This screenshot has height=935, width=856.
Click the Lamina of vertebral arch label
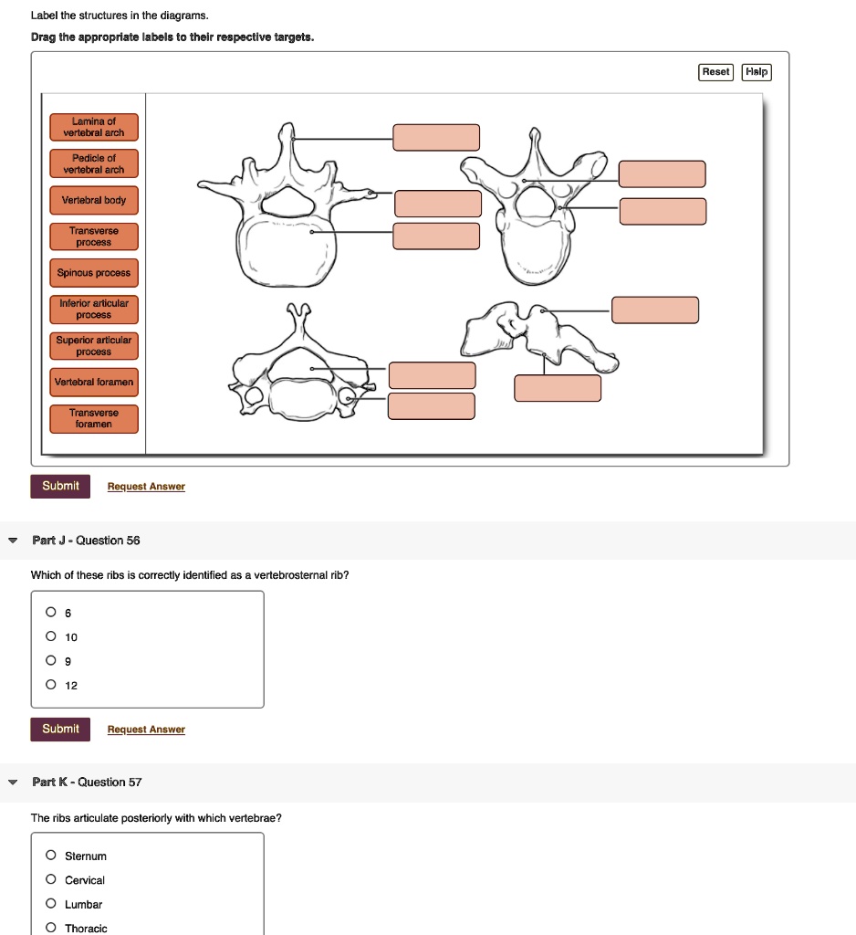click(93, 127)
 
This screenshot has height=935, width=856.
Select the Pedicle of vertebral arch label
click(93, 163)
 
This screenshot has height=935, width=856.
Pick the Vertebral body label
click(93, 200)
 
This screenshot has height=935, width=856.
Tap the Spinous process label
click(93, 273)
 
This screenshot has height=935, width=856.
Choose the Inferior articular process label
click(93, 309)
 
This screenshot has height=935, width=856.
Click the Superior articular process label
click(93, 345)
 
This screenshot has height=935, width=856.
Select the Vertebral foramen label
click(93, 382)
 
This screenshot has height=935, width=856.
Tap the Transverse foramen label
click(93, 418)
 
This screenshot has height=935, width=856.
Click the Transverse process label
click(93, 236)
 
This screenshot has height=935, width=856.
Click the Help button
click(757, 72)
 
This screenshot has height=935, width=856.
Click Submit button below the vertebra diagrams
click(60, 486)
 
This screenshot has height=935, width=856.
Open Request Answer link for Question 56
click(146, 730)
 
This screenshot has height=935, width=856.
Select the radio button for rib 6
click(51, 613)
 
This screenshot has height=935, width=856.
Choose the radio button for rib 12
click(51, 685)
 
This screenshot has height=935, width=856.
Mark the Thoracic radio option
click(51, 928)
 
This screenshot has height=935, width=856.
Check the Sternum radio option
click(51, 856)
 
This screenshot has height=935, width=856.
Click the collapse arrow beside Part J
click(13, 541)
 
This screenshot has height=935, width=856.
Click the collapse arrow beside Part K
click(13, 783)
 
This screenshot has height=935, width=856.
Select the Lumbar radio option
click(51, 904)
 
